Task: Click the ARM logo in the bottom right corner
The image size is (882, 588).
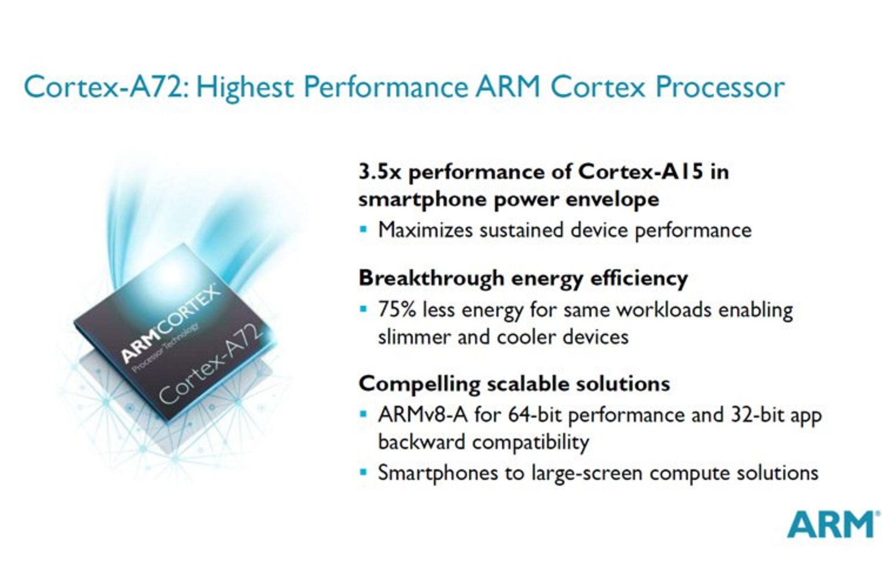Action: point(831,525)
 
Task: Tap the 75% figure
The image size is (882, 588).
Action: point(397,309)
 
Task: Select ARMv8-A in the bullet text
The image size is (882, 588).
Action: point(423,415)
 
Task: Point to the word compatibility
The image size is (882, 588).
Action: point(531,442)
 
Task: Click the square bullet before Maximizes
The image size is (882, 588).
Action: point(363,229)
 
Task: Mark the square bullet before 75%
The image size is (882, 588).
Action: point(363,308)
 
